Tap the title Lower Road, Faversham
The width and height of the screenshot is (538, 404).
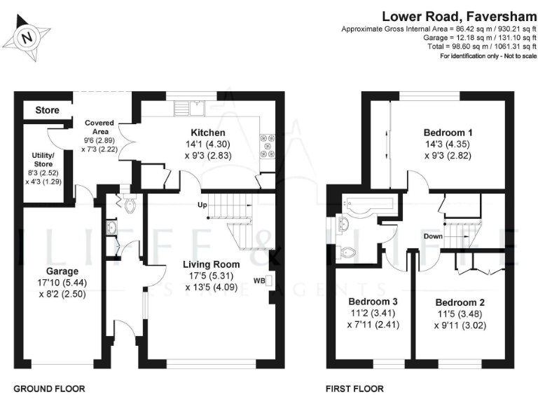pyautogui.click(x=460, y=15)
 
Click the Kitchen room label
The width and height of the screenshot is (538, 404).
pyautogui.click(x=208, y=133)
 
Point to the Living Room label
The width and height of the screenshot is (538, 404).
pyautogui.click(x=211, y=264)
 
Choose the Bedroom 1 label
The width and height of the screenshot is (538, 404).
pyautogui.click(x=448, y=133)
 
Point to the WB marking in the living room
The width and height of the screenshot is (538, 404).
pyautogui.click(x=259, y=281)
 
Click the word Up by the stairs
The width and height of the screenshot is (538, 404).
pyautogui.click(x=203, y=206)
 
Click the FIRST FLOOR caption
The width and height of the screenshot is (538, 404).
pyautogui.click(x=354, y=388)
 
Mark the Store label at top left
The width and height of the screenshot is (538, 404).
pyautogui.click(x=48, y=111)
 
